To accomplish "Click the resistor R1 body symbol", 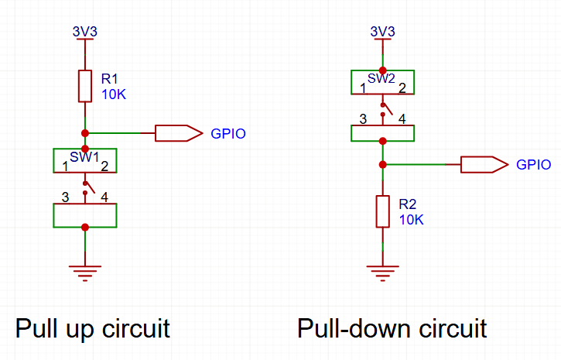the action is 85,86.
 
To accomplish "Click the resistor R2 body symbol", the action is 382,211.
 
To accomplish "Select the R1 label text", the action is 109,79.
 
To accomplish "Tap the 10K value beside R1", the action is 114,94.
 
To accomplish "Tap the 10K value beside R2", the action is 412,220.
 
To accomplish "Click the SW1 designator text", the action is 84,157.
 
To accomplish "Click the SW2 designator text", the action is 381,79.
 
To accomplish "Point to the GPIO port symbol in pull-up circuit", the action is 179,133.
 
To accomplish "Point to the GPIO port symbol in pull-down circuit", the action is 484,165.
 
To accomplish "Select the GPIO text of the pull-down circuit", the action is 533,165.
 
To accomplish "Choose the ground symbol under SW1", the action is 85,273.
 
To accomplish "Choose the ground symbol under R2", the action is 382,273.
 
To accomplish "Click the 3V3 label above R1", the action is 85,32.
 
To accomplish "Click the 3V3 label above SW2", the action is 382,32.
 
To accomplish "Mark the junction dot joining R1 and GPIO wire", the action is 85,133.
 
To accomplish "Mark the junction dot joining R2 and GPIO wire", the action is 382,165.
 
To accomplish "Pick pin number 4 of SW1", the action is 104,197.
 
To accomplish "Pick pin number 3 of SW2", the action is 363,119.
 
